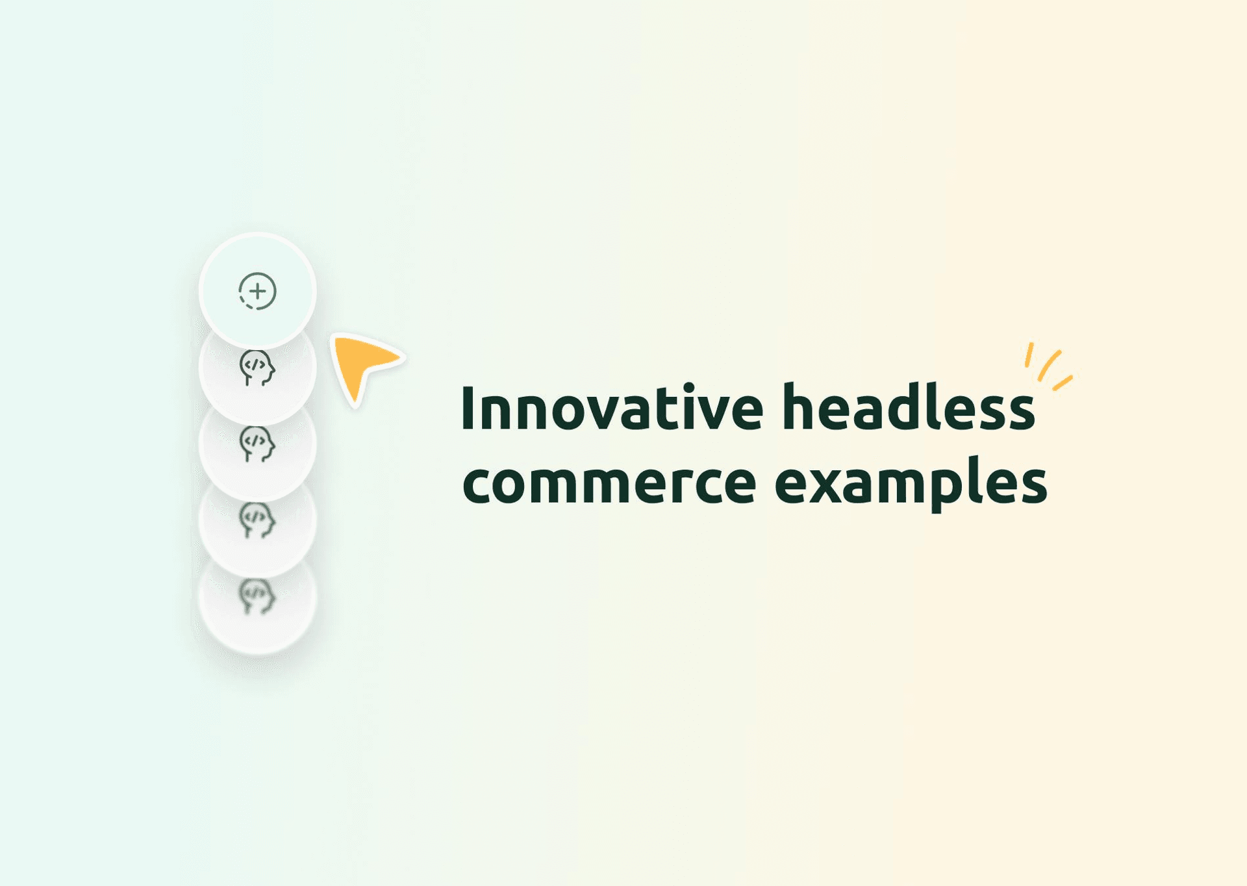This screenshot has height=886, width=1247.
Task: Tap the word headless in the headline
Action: (908, 408)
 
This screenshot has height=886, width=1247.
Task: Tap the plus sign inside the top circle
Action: (258, 291)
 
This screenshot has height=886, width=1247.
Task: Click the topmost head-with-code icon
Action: (257, 368)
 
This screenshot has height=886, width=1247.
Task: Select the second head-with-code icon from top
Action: (257, 444)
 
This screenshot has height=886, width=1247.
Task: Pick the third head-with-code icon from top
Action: (257, 520)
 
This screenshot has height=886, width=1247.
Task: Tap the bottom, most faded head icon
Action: (257, 596)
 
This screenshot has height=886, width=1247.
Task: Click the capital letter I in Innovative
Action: (466, 408)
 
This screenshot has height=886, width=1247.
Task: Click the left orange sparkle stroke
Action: (1029, 355)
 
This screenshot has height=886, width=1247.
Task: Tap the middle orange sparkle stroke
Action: (1049, 365)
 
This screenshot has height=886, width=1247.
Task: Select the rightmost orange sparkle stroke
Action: (1063, 383)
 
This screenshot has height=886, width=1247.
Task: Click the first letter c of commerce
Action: (477, 484)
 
